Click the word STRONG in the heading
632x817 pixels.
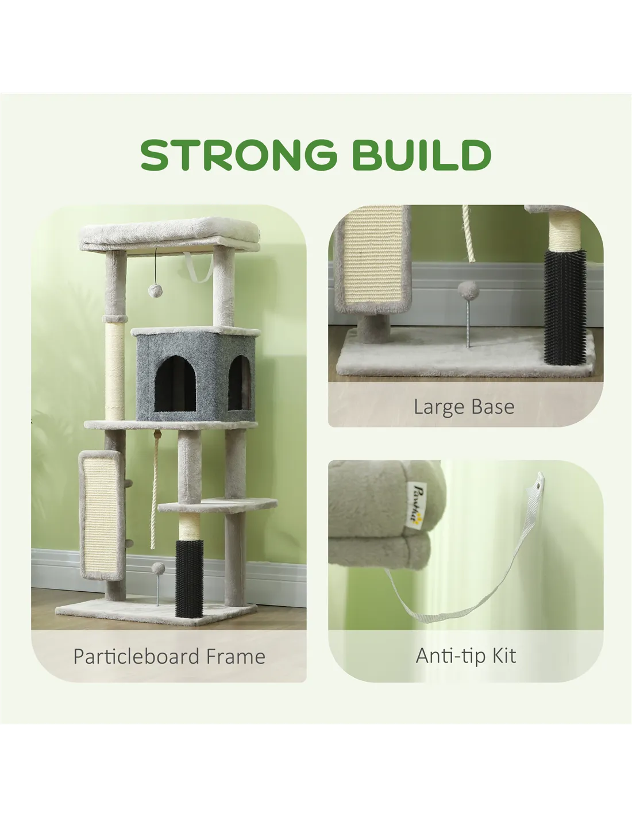pyautogui.click(x=239, y=155)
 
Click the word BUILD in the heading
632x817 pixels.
pyautogui.click(x=422, y=155)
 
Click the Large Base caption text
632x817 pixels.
pyautogui.click(x=464, y=407)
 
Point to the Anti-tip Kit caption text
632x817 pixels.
pyautogui.click(x=466, y=656)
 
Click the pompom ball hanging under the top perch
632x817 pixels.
pyautogui.click(x=155, y=290)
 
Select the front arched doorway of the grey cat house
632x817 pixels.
pyautogui.click(x=175, y=384)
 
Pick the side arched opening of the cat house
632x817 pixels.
pyautogui.click(x=240, y=383)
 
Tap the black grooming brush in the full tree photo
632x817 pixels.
pyautogui.click(x=189, y=579)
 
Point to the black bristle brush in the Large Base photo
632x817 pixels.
pyautogui.click(x=564, y=306)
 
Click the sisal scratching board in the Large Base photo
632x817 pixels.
pyautogui.click(x=372, y=260)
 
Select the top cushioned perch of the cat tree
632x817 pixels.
pyautogui.click(x=169, y=234)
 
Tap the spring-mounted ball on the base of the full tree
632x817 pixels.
pyautogui.click(x=158, y=584)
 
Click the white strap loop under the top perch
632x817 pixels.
pyautogui.click(x=199, y=268)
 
